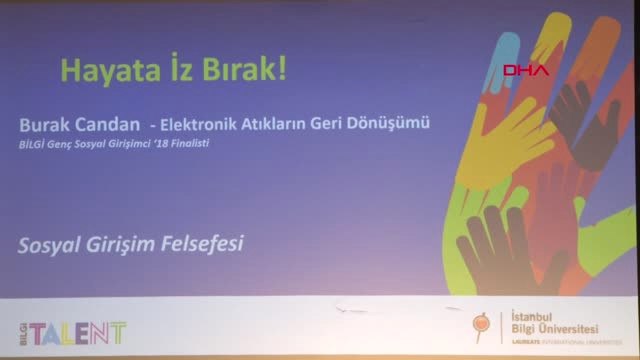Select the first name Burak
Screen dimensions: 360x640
(x=41, y=125)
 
